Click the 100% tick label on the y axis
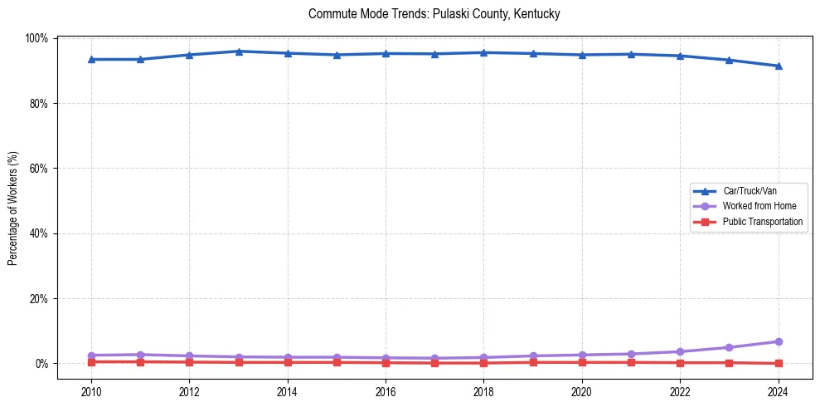click(x=36, y=39)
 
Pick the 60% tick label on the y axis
click(x=39, y=169)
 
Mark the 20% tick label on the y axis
click(x=39, y=299)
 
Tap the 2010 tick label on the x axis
click(x=91, y=392)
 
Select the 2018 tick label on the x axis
click(x=483, y=392)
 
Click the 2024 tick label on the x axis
click(x=778, y=392)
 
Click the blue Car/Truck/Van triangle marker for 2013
click(x=238, y=51)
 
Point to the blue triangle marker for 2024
click(x=778, y=66)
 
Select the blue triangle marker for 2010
click(x=91, y=60)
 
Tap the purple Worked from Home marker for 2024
click(x=778, y=341)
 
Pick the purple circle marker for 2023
click(x=729, y=347)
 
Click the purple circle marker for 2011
click(x=140, y=355)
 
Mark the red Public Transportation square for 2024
click(x=778, y=363)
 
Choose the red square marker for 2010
click(x=91, y=361)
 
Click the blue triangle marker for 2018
click(x=483, y=53)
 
